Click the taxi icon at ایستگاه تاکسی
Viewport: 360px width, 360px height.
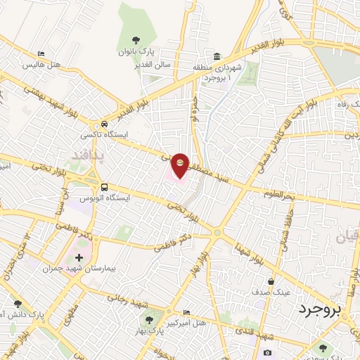[104, 122]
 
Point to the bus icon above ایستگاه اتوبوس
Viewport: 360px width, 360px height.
[104, 188]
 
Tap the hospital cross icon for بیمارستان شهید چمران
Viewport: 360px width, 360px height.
[78, 258]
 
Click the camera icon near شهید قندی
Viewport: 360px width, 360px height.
[267, 352]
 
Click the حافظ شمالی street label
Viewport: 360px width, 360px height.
[285, 233]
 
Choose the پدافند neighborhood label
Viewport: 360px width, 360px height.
[89, 155]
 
